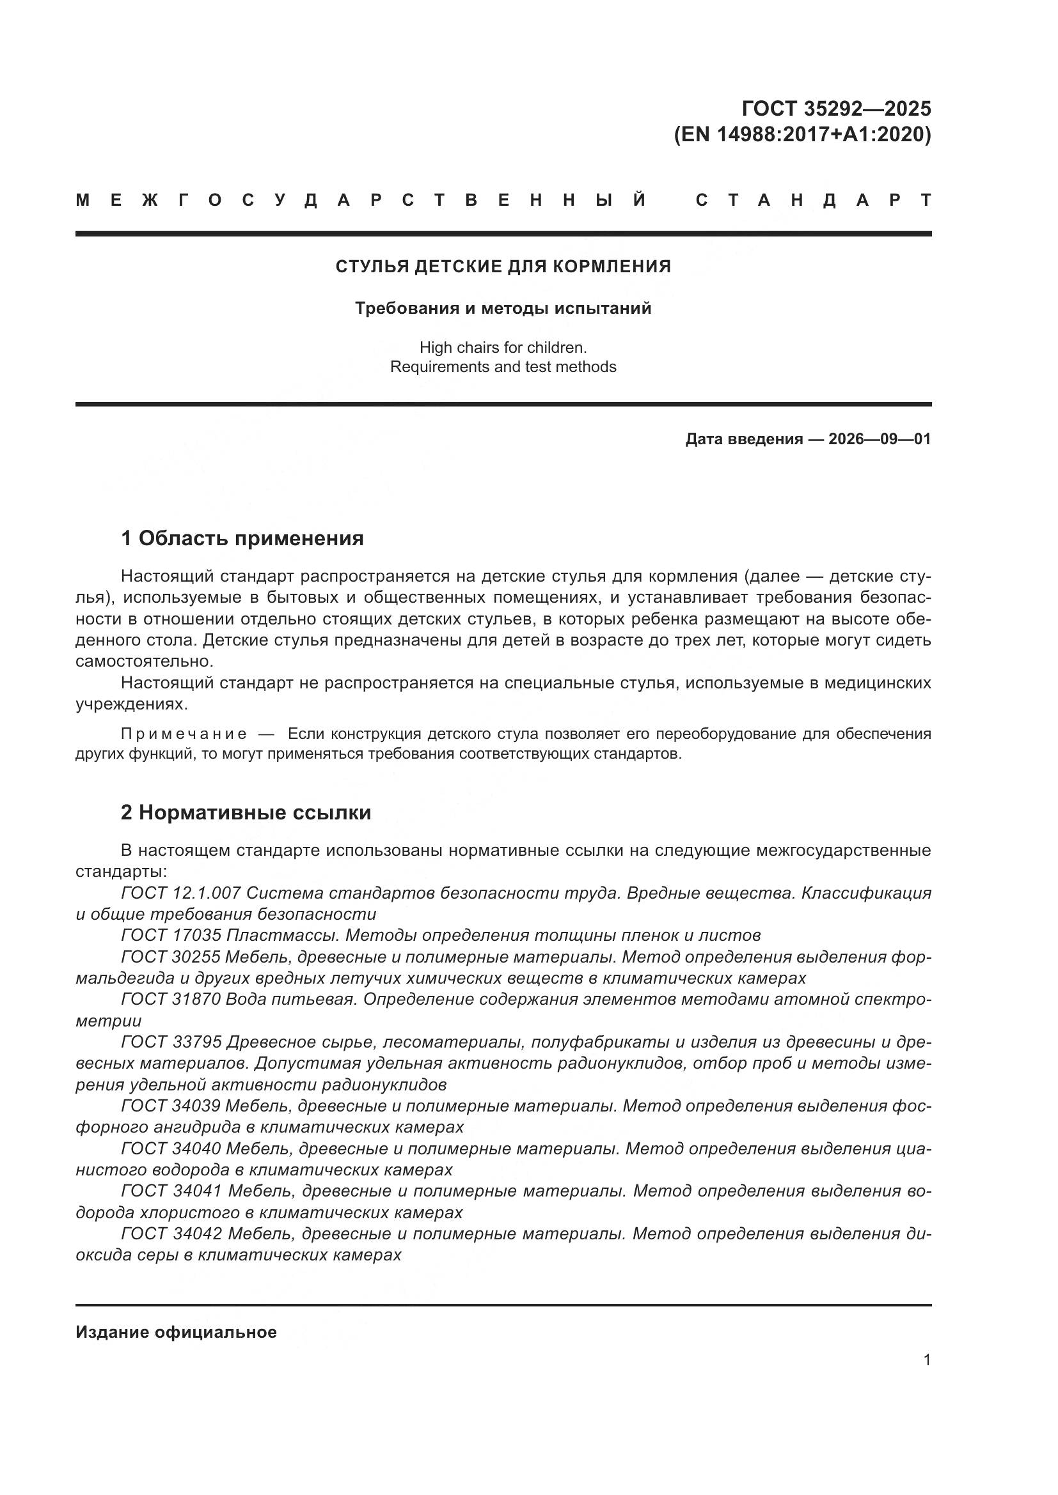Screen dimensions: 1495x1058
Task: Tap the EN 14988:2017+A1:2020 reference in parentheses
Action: pos(802,135)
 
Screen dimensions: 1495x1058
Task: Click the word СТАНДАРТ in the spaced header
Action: pos(813,201)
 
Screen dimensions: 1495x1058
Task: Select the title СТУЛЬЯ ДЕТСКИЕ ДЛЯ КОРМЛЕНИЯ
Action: pos(503,267)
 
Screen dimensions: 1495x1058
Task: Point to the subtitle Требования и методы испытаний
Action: pos(503,308)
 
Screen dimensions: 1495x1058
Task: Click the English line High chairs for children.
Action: pos(503,348)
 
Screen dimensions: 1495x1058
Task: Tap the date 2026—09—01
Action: pos(880,439)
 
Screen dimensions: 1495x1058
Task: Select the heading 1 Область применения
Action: pos(242,538)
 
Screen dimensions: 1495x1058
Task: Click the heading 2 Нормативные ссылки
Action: pos(246,812)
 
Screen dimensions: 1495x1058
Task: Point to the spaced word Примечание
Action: pos(184,734)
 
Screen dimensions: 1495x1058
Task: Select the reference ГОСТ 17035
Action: pos(171,936)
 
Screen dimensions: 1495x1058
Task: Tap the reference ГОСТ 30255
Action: pos(171,957)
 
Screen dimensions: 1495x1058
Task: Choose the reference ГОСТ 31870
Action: pos(171,1000)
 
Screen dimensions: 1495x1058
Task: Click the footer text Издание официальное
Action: pos(176,1332)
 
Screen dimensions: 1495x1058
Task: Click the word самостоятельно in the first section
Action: pos(144,662)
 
